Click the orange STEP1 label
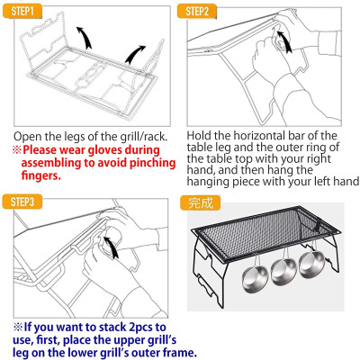(x=22, y=12)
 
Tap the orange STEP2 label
(x=197, y=12)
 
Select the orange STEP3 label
(x=22, y=202)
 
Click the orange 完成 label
(x=201, y=203)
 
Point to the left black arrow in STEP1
(x=85, y=37)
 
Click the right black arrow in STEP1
(x=135, y=54)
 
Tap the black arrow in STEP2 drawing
(x=284, y=41)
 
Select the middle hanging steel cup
(x=283, y=269)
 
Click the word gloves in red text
(x=104, y=150)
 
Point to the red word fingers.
(x=41, y=175)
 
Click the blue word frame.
(x=180, y=352)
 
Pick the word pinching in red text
(x=152, y=163)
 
